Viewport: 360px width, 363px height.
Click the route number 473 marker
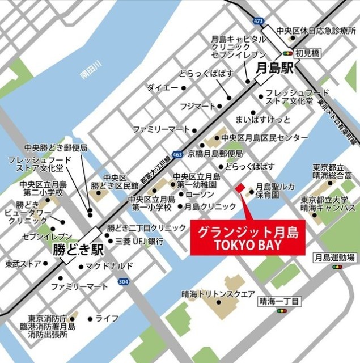click(x=259, y=22)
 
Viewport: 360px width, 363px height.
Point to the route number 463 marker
click(x=177, y=154)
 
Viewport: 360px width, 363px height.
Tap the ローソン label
click(x=199, y=194)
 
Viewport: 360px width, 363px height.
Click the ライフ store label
click(x=107, y=318)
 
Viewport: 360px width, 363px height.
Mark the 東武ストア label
click(x=23, y=264)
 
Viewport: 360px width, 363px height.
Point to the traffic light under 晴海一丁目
click(x=281, y=311)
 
